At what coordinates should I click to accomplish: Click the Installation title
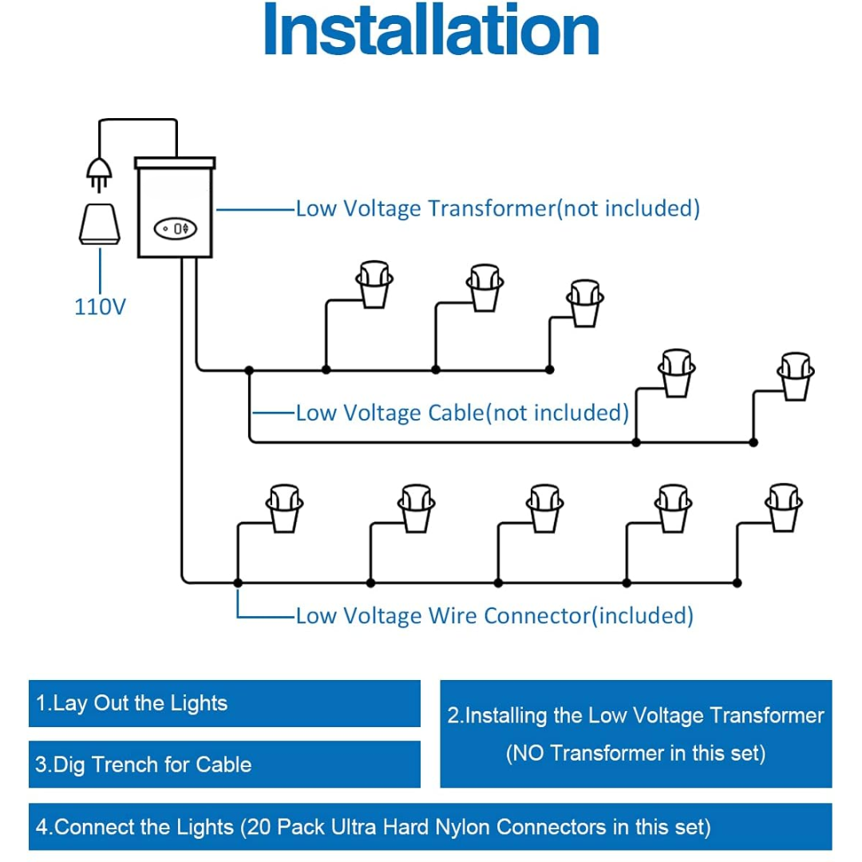tap(431, 30)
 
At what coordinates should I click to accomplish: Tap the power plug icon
tap(99, 174)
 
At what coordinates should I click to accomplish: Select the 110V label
tap(100, 306)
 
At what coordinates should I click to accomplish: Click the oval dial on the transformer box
tap(175, 229)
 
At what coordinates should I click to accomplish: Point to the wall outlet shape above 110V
tap(100, 224)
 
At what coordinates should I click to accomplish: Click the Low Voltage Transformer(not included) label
tap(497, 209)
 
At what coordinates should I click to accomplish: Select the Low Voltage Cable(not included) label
tap(462, 413)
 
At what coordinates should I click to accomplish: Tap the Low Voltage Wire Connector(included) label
tap(494, 615)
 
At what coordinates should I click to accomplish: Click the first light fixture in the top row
tap(374, 283)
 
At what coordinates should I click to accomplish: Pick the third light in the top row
tap(585, 303)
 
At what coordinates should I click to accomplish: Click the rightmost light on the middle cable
tap(796, 377)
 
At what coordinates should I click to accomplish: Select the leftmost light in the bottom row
tap(284, 508)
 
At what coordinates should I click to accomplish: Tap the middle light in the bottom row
tap(545, 508)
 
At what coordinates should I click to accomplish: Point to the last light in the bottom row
tap(784, 508)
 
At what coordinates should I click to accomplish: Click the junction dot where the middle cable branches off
tap(249, 370)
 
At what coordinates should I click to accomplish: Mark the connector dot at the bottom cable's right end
tap(737, 583)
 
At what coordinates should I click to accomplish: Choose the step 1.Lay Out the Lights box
tap(224, 703)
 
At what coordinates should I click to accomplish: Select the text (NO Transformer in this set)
tap(635, 753)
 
